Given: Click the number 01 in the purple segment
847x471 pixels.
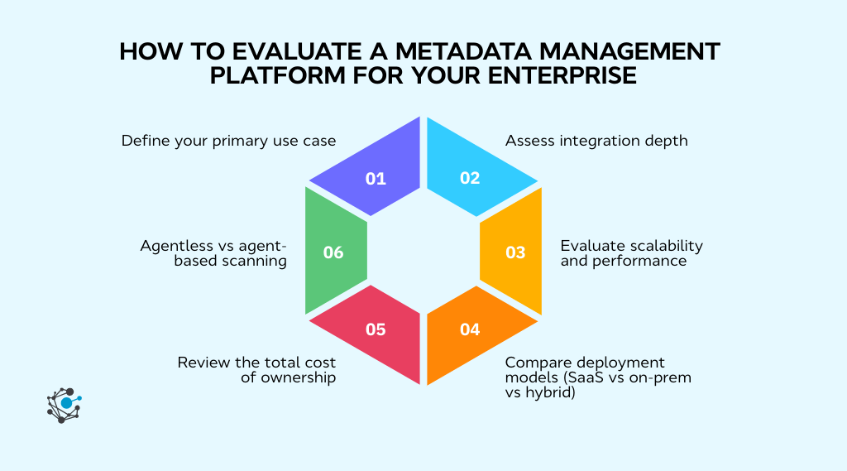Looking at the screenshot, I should tap(376, 178).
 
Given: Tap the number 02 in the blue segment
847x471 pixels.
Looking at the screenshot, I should tap(470, 178).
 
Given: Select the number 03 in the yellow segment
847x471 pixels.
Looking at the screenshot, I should tap(515, 252).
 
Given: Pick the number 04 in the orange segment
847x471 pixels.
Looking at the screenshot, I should tap(470, 329).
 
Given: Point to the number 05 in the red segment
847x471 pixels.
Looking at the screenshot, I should tap(376, 329).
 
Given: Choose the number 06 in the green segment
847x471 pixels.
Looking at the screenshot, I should tap(333, 252).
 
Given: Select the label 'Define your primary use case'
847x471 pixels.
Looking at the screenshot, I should tap(228, 141).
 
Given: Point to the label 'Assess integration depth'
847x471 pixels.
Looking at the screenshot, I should tap(596, 141).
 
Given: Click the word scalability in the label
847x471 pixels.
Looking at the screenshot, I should tap(664, 246).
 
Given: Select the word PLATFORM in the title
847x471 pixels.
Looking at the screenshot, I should tap(273, 76).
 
